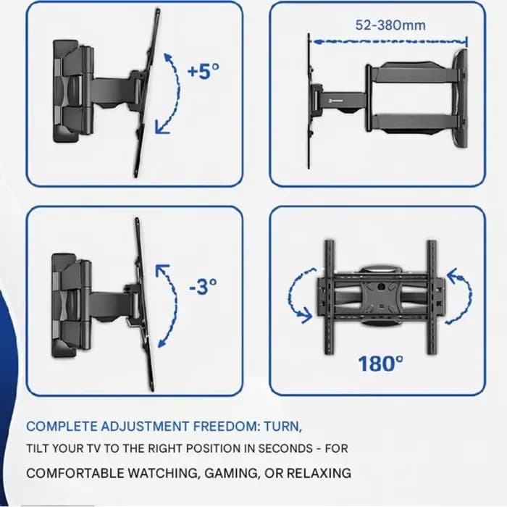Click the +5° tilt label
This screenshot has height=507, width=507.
coord(204,71)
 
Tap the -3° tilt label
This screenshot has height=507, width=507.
coord(203,286)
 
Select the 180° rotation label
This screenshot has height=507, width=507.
coord(381,364)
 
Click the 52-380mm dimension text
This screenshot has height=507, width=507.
coord(390,25)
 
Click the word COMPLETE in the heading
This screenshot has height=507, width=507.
coord(62,426)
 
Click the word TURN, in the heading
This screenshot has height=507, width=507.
coord(283,427)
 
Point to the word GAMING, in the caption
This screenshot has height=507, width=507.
coord(232,474)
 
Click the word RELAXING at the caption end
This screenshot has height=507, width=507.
coord(319,474)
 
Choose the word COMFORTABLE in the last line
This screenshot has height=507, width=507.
coord(75,474)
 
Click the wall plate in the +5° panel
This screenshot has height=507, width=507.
coord(65,91)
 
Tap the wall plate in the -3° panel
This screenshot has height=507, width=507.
coord(64,306)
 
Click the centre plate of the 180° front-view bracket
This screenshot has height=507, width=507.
coord(381,296)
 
